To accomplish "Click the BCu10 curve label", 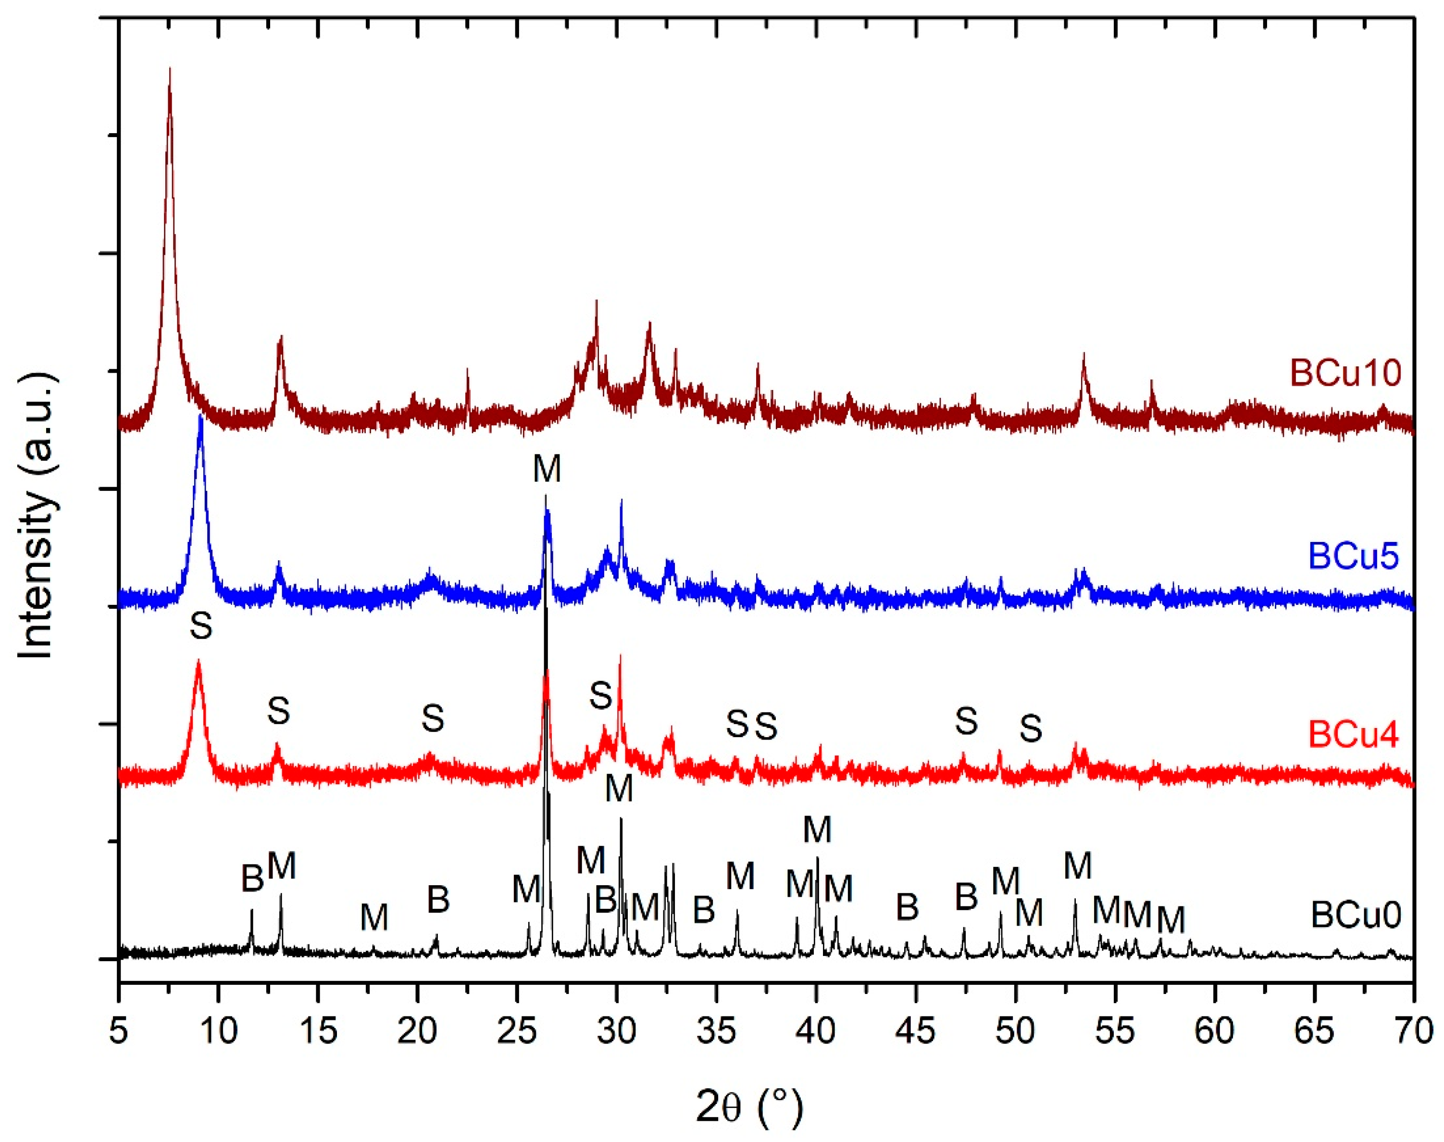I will [1345, 373].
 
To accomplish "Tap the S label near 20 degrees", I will [433, 718].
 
